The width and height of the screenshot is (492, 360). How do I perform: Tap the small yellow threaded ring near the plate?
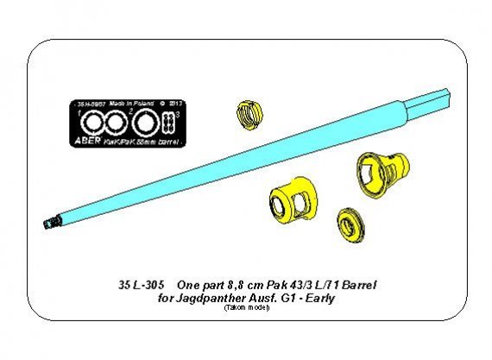(x=247, y=111)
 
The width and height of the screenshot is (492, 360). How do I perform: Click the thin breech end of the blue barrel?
(x=449, y=102)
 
